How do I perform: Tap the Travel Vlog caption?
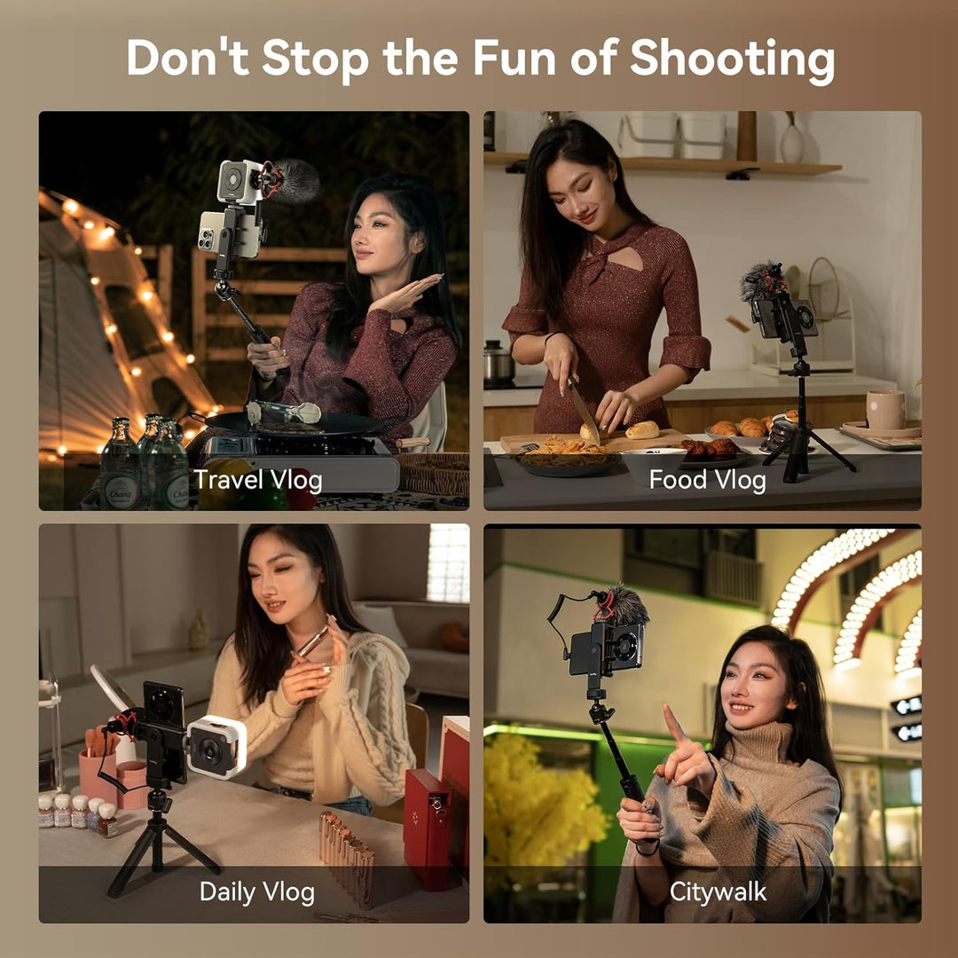coord(258,480)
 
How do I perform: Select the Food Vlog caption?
coord(707,480)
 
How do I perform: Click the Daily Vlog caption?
coord(256,891)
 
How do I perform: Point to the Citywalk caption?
coord(718,891)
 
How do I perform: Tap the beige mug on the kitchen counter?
coord(884,409)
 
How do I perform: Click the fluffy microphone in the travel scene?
coord(291,180)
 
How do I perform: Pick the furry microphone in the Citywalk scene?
coord(624,605)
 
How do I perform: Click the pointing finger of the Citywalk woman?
coord(673,722)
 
